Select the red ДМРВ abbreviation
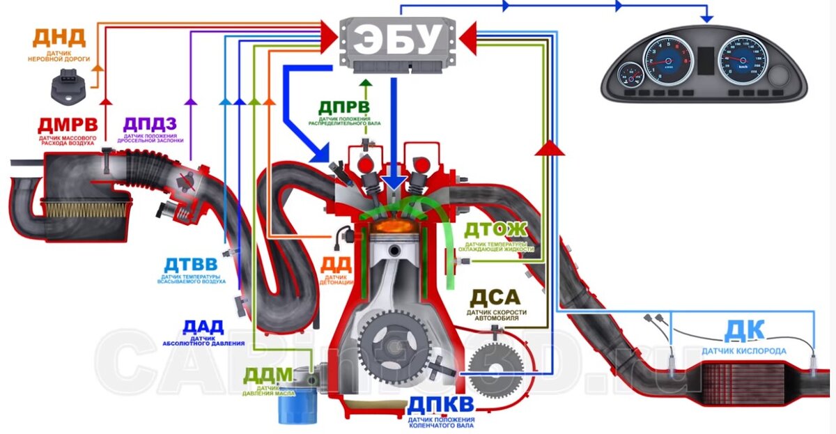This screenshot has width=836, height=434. point(68,125)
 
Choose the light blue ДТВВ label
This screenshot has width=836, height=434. point(191,265)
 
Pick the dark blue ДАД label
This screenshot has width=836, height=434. point(203,327)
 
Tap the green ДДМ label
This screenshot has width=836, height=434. point(268,375)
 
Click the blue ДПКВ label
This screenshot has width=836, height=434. point(441,405)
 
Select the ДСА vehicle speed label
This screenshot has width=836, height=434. point(495,297)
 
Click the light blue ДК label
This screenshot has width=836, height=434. point(744,329)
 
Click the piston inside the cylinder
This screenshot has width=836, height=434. point(394,251)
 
